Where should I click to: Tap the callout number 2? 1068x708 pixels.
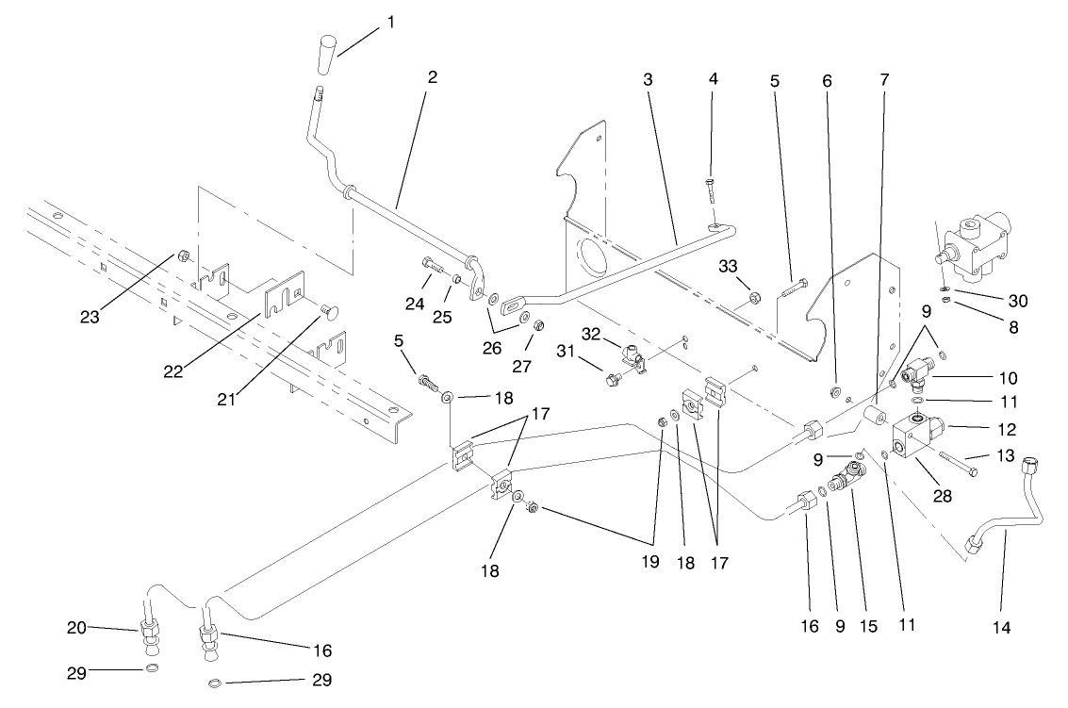point(432,77)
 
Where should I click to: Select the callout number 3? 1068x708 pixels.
point(648,79)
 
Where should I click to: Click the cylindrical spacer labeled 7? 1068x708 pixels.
point(875,416)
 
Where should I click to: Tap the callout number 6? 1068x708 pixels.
point(828,80)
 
